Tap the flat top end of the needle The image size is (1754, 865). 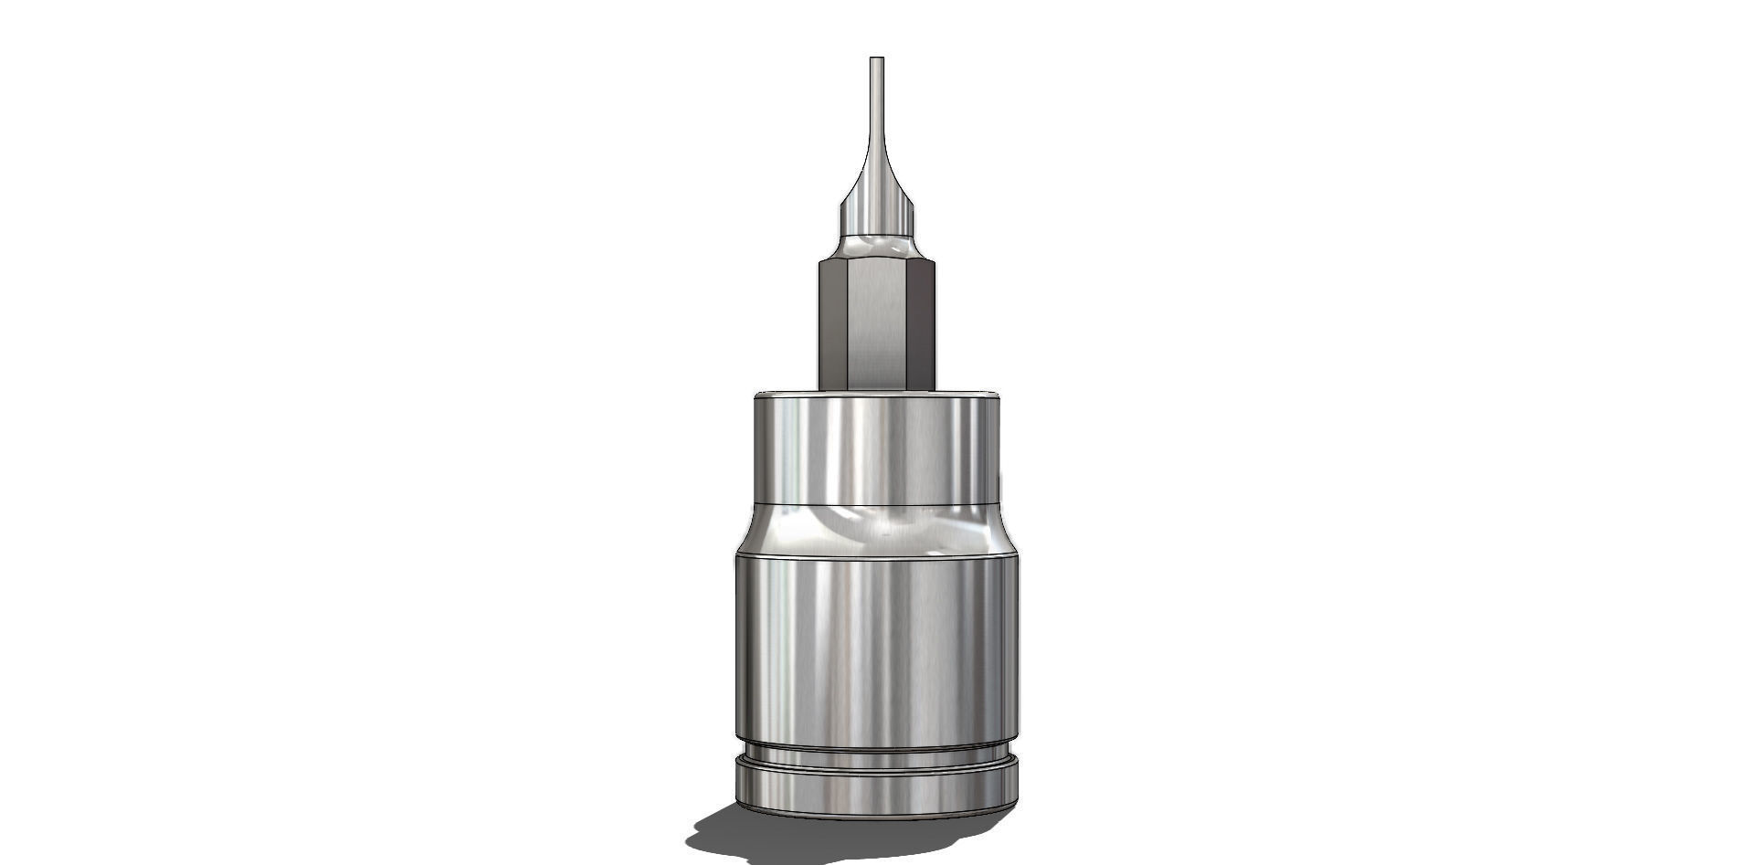(877, 58)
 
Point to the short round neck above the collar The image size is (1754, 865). (876, 219)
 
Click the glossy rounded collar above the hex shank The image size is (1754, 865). (876, 247)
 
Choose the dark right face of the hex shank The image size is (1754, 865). (921, 324)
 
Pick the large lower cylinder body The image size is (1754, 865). (876, 649)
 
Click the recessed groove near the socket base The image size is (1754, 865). (876, 755)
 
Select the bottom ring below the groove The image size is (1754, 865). (876, 786)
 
